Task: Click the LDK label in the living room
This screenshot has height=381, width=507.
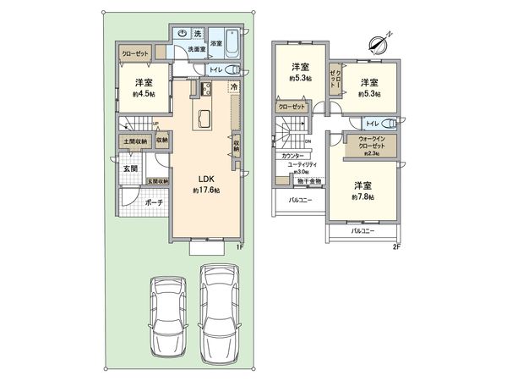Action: click(206, 179)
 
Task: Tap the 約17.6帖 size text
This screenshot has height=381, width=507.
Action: click(206, 191)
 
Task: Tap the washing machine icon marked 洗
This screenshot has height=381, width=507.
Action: click(197, 34)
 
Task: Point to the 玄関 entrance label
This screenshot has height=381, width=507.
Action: click(129, 168)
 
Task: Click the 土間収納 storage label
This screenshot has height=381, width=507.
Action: click(135, 141)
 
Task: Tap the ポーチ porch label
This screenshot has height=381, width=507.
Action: click(153, 203)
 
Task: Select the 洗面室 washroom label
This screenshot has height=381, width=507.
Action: click(198, 49)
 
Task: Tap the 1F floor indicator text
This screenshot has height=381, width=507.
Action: click(239, 247)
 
